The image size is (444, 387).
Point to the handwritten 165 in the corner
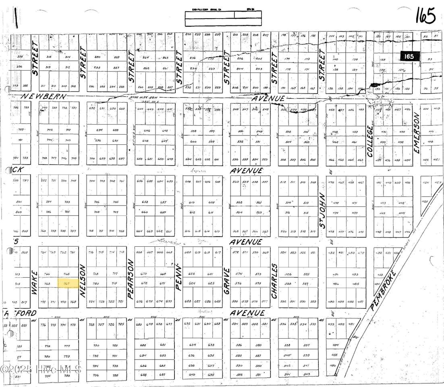point(425,17)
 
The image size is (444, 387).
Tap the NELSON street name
point(83,281)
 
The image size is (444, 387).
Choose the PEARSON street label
point(131,279)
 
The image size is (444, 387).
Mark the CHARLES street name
point(274,281)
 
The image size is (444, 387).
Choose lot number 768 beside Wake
point(47,283)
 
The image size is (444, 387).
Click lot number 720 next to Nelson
point(96,283)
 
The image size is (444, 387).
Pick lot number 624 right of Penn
point(192,283)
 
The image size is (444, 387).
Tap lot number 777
point(67,346)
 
